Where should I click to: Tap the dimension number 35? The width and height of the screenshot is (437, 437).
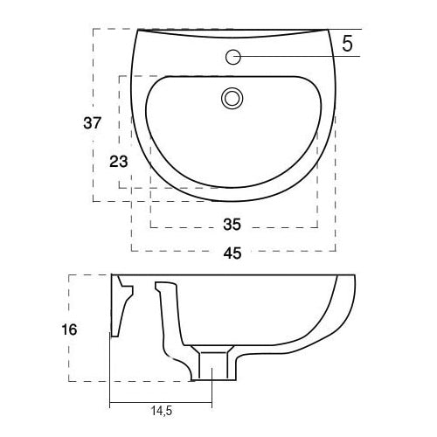(232, 225)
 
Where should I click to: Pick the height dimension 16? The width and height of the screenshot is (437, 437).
(71, 329)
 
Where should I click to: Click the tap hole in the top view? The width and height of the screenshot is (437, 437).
(233, 58)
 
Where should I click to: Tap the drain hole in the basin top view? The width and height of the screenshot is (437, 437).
(232, 97)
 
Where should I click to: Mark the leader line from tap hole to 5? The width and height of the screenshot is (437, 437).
(288, 58)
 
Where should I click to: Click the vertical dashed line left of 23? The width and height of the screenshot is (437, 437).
(119, 131)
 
